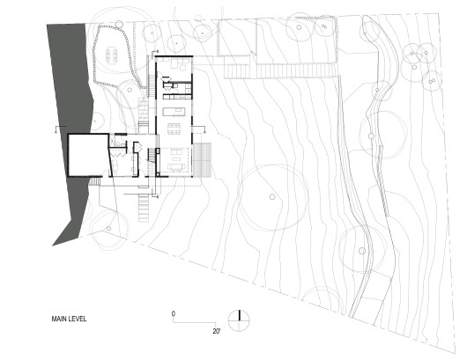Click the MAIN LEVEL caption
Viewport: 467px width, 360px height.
point(68,320)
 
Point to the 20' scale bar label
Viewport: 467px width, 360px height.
point(214,331)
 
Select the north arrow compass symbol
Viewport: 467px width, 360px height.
point(239,318)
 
